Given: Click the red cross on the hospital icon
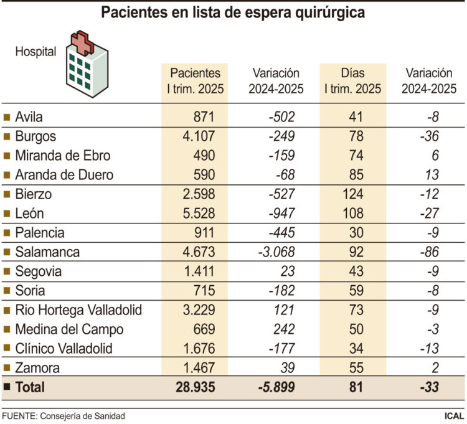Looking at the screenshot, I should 82,42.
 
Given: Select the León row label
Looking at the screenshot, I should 29,214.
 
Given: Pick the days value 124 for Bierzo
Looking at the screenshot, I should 352,194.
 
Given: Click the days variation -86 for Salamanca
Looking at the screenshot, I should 429,252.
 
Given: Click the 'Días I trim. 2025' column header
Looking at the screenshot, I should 352,81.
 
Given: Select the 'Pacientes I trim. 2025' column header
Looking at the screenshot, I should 195,81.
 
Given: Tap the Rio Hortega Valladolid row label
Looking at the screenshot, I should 78,310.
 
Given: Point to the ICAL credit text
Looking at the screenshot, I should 453,415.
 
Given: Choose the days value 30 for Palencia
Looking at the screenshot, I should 357,233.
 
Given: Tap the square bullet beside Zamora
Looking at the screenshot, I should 7,368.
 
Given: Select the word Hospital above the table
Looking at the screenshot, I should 35,52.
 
